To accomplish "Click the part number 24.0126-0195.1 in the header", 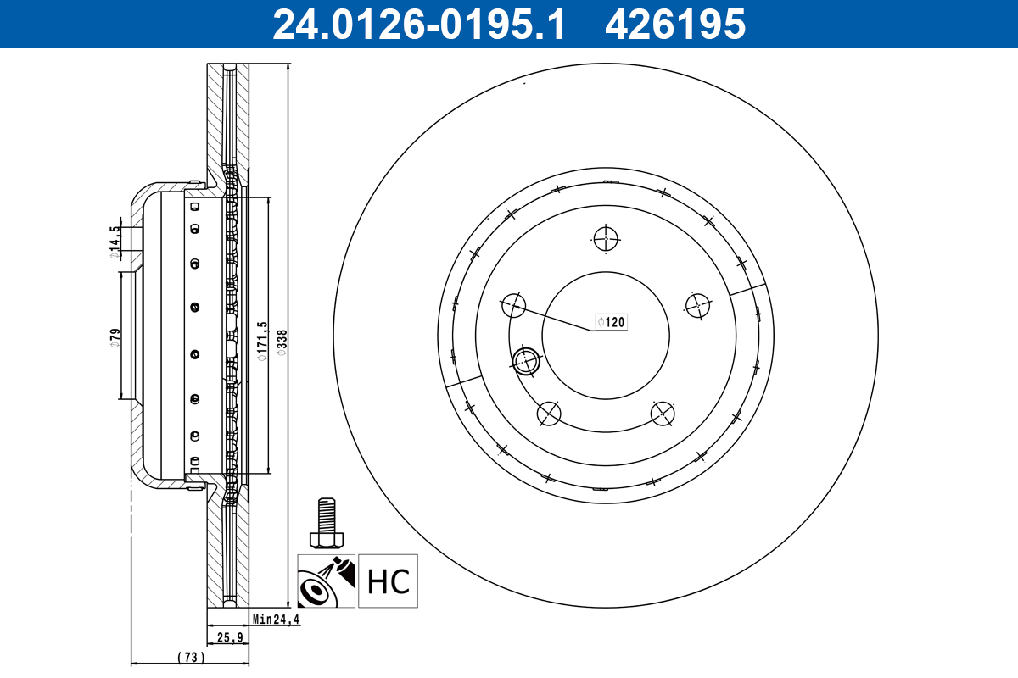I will [x=417, y=24].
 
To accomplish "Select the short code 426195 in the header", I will [x=674, y=24].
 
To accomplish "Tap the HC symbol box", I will [x=389, y=581].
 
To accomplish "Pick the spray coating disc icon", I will [x=326, y=581].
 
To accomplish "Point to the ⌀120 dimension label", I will [x=611, y=322].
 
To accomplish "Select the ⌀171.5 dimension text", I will [x=262, y=341].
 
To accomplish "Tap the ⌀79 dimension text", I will [x=115, y=337].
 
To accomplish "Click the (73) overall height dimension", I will [x=191, y=657].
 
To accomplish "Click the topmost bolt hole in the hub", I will [x=607, y=239].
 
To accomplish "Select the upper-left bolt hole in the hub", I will [x=514, y=304].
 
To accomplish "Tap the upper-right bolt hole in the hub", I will [x=697, y=305].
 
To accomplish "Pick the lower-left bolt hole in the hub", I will [x=550, y=414].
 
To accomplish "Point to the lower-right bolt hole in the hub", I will [x=663, y=414].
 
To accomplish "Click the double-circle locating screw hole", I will [x=527, y=360].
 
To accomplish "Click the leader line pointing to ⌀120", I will [x=556, y=317].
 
